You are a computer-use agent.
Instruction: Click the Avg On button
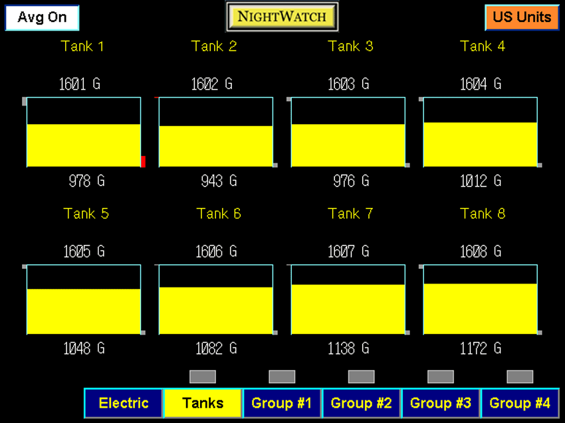point(42,18)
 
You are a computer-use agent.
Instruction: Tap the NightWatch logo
point(282,17)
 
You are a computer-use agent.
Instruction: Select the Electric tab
point(124,403)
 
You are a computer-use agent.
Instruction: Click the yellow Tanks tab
point(203,403)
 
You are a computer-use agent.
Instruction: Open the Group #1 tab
point(282,403)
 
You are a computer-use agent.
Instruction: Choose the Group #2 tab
point(361,403)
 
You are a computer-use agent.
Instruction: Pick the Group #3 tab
point(441,403)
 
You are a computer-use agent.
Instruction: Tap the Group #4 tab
point(520,403)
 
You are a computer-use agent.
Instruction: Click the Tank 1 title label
point(82,46)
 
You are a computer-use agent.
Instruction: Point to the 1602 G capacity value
point(212,84)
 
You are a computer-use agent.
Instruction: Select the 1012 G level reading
point(481,181)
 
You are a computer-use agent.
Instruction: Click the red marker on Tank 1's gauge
point(143,161)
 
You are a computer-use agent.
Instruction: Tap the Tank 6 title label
point(219,214)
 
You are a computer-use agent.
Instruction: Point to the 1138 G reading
point(349,348)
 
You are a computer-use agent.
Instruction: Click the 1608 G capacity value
point(481,252)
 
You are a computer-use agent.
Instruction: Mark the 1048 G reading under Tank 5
point(84,348)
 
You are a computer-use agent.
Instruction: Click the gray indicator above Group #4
point(520,377)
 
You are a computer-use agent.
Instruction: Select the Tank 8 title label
point(483,214)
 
